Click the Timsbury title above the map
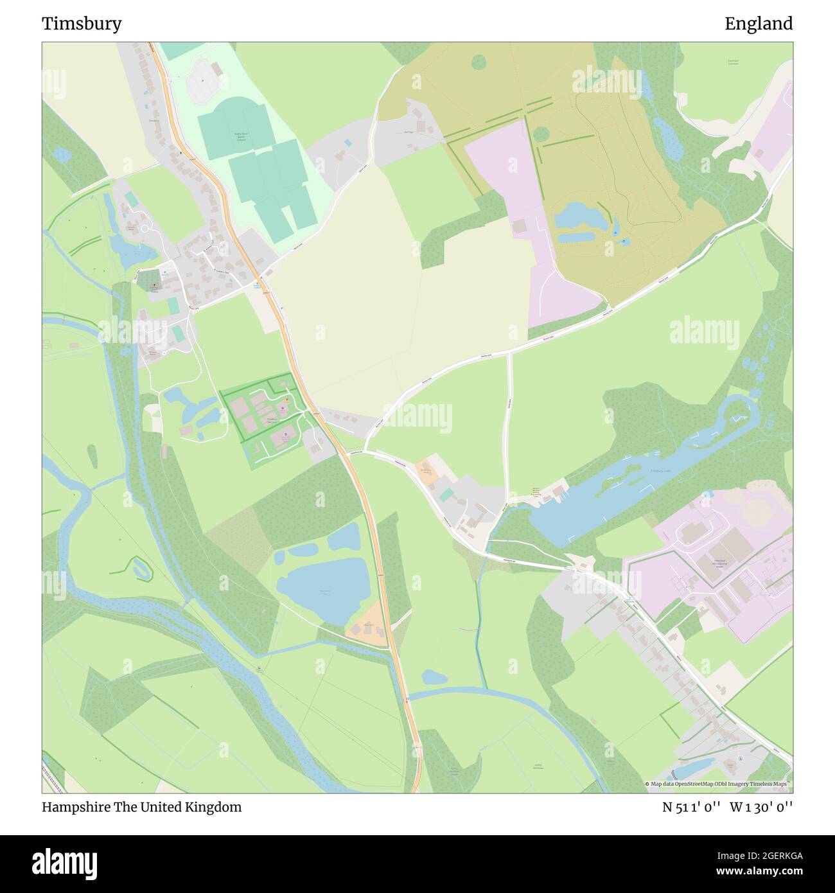click(82, 24)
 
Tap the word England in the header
click(759, 24)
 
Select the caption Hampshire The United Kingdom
click(142, 807)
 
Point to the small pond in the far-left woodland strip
click(62, 154)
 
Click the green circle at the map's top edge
click(479, 62)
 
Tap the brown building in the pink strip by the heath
click(519, 226)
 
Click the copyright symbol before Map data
click(647, 784)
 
